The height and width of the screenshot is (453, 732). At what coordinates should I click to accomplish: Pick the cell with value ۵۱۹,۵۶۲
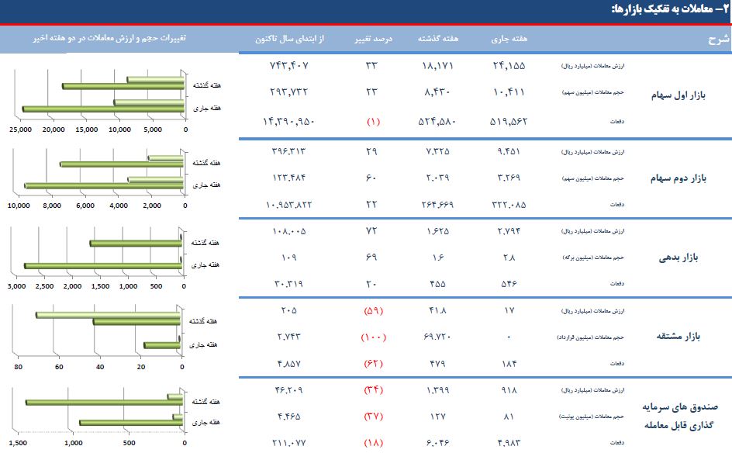coord(509,121)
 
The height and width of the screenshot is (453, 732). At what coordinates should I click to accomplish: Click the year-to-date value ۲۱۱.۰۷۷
coord(291,443)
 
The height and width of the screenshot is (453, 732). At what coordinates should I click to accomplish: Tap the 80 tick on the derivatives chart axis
coord(18,367)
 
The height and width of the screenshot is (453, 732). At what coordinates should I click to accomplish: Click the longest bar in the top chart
coord(103,109)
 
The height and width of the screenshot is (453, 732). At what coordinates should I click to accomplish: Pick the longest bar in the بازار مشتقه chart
coord(109,314)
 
